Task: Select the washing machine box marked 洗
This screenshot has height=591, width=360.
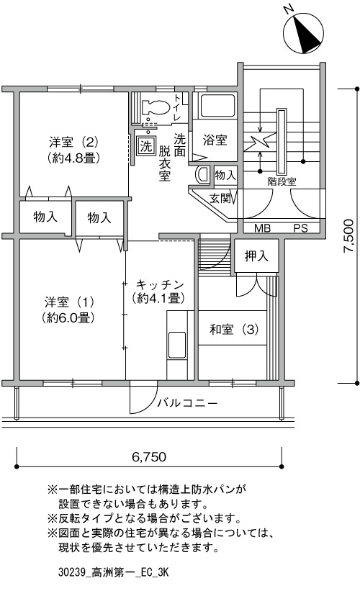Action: (145, 145)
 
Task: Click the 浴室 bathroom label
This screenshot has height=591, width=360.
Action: (215, 140)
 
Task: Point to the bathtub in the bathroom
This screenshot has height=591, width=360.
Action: (218, 106)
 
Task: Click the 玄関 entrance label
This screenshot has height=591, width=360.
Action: (220, 198)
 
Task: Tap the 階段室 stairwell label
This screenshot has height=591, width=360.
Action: (282, 181)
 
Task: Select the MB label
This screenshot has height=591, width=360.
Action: (262, 228)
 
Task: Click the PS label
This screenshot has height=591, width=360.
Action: (300, 228)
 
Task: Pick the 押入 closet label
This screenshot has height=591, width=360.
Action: (256, 256)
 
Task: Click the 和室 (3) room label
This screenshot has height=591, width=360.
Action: (234, 330)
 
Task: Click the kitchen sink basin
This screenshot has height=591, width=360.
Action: (177, 345)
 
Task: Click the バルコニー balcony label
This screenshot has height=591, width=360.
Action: (187, 403)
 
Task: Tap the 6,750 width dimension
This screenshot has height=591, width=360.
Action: (149, 457)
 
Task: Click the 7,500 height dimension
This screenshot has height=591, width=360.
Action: (348, 236)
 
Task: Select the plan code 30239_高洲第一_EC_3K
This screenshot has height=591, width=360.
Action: (114, 573)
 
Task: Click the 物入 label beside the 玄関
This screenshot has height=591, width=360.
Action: (225, 175)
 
